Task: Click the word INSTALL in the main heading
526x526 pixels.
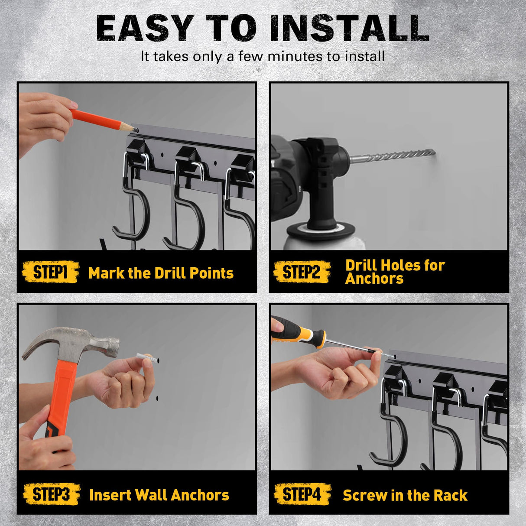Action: point(349,29)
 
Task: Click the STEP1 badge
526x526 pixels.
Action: point(50,272)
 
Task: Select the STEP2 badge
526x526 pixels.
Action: point(302,272)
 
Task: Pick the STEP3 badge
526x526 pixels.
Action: point(51,494)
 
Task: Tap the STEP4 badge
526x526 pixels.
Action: point(302,494)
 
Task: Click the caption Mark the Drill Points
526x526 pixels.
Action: point(161,273)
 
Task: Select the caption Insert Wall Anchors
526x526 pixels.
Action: point(159,495)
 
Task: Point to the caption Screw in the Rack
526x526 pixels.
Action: point(405,495)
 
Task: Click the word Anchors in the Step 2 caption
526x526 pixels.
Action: point(374,279)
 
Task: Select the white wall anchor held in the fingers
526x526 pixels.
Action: point(144,357)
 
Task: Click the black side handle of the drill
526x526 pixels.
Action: point(321,208)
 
